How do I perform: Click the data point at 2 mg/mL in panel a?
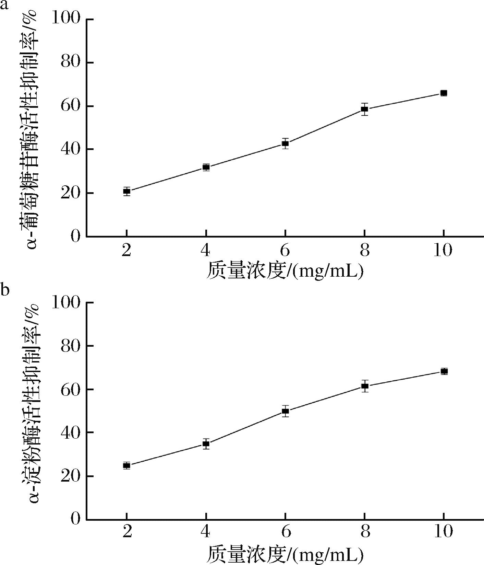coord(127,191)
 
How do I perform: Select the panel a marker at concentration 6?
coord(285,143)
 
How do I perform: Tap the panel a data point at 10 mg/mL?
coord(444,93)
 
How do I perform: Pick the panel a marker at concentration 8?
coord(364,109)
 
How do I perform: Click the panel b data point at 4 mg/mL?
coord(206,444)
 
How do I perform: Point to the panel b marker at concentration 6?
coord(285,411)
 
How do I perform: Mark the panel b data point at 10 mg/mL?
coord(444,371)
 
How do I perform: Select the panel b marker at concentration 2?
coord(127,465)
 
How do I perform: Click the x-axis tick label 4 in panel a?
coord(206,251)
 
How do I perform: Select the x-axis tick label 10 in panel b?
coord(443,532)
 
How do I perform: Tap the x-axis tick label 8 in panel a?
coord(365,251)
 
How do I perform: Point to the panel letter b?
coord(5,289)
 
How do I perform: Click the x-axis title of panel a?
coord(285,271)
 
